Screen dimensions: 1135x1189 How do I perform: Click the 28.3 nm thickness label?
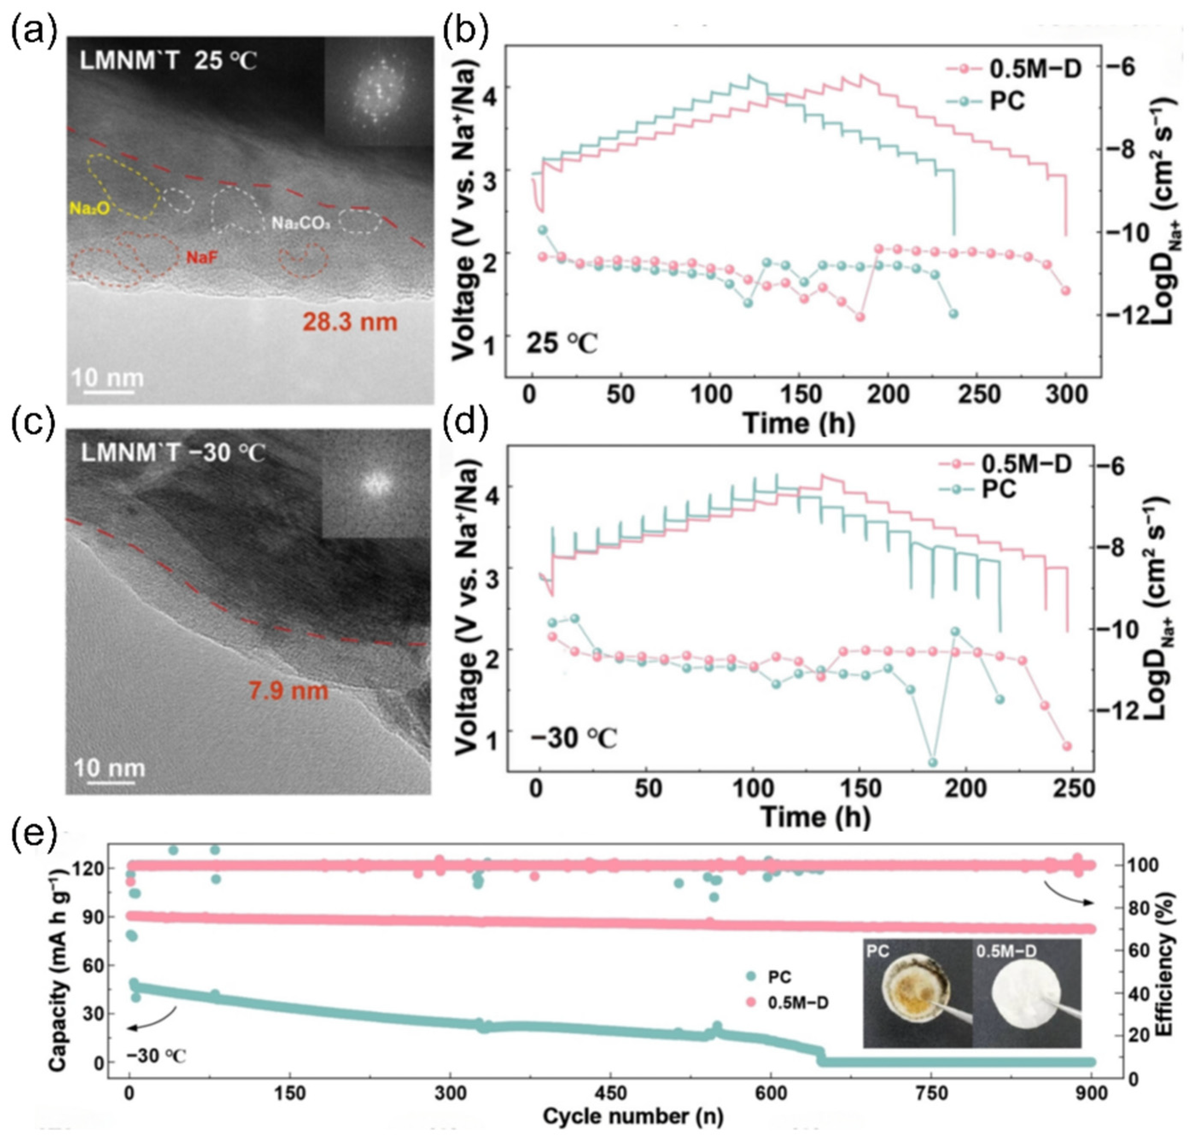coord(350,322)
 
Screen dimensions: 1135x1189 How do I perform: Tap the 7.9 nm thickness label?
coord(289,690)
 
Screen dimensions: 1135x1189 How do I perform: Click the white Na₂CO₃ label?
coord(300,223)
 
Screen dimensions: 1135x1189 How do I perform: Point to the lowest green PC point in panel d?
coord(933,762)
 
